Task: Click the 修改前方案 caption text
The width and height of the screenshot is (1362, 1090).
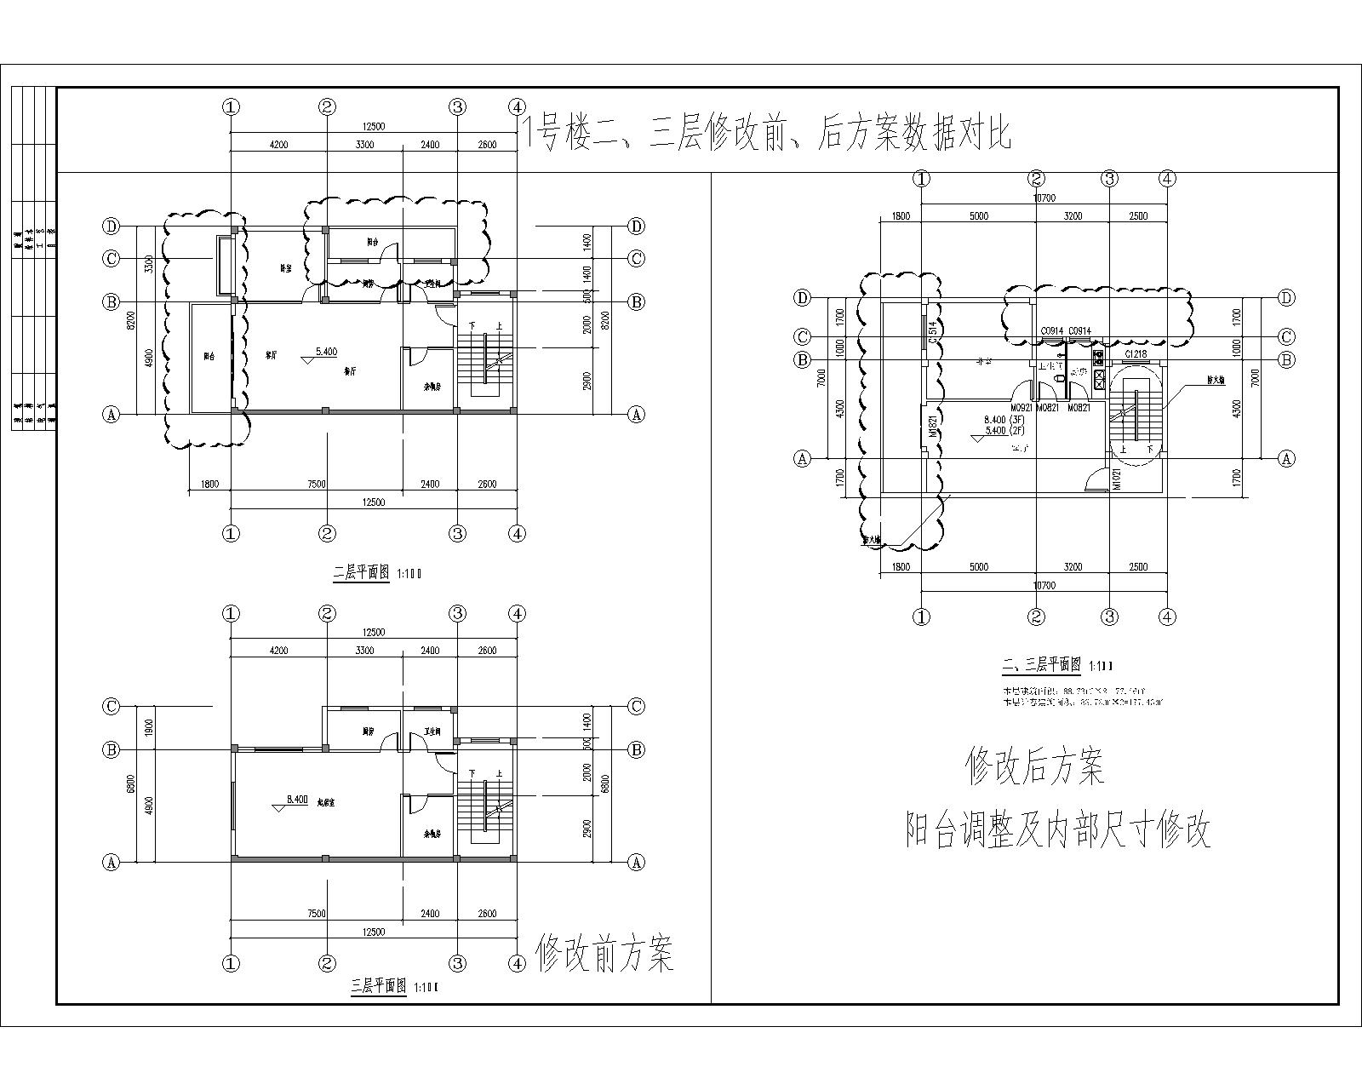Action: (x=605, y=953)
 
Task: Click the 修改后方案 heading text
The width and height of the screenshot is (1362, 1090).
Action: (x=1034, y=766)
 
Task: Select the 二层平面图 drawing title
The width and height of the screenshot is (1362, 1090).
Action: (x=361, y=573)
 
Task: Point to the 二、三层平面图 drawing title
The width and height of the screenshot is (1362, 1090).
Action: (x=1042, y=664)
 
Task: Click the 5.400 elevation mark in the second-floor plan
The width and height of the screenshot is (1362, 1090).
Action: (x=326, y=351)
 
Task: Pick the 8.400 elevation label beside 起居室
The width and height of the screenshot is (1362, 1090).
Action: (x=297, y=799)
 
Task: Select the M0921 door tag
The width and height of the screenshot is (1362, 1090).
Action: (x=1021, y=409)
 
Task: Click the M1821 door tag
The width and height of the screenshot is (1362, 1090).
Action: (x=933, y=426)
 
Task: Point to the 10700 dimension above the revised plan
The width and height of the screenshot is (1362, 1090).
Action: (x=1044, y=198)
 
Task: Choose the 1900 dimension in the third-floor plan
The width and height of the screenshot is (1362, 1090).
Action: (x=148, y=727)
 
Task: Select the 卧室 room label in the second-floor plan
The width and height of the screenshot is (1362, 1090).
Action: (x=286, y=267)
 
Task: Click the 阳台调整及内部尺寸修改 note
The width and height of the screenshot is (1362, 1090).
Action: (x=1057, y=830)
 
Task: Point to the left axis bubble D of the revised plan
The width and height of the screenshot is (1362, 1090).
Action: (x=802, y=297)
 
